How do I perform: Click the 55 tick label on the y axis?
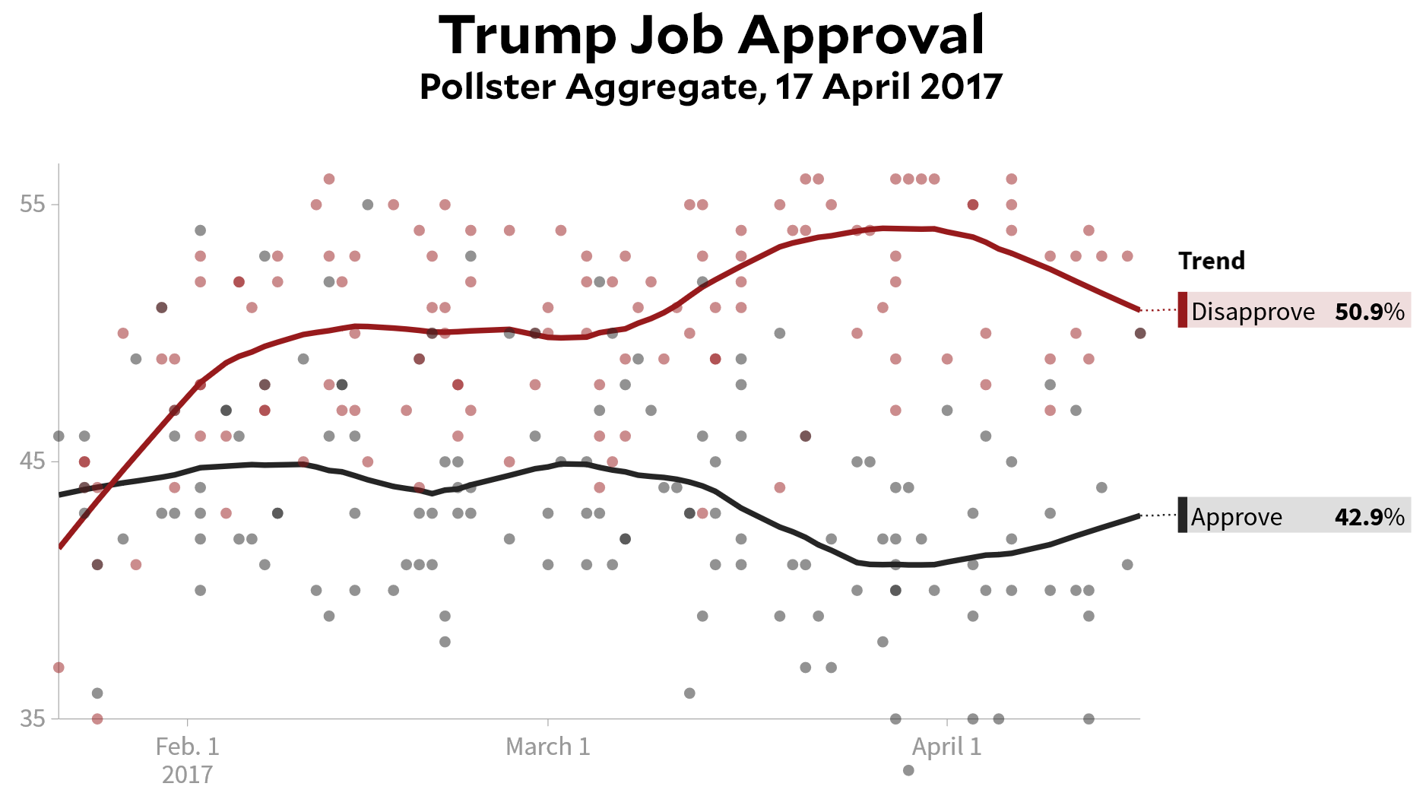point(32,205)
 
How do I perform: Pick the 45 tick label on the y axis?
point(32,461)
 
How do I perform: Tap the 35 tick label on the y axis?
point(32,718)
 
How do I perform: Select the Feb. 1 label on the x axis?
point(187,747)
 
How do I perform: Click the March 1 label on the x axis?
point(547,747)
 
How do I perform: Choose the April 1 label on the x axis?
point(946,747)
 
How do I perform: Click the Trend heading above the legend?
point(1212,261)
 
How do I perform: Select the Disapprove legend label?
point(1253,312)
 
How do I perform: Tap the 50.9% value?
point(1369,312)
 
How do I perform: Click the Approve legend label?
point(1236,517)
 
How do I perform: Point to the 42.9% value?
point(1369,517)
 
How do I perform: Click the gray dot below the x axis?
point(908,770)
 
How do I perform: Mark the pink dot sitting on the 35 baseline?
point(97,718)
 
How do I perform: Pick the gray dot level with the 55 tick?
point(368,205)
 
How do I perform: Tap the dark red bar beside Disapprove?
point(1183,309)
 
